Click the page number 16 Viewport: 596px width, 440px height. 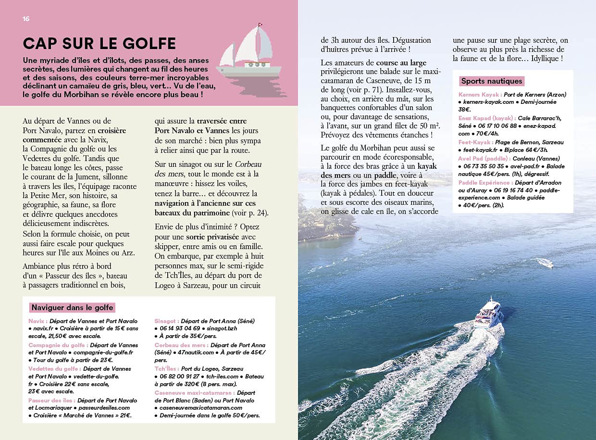pyautogui.click(x=26, y=19)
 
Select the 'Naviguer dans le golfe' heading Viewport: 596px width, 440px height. pyautogui.click(x=72, y=308)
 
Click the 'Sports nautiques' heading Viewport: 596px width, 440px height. pyautogui.click(x=491, y=81)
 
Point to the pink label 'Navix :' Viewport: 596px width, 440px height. pyautogui.click(x=37, y=321)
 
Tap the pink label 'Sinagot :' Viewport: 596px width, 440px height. pyautogui.click(x=167, y=321)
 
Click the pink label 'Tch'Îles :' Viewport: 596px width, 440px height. pyautogui.click(x=166, y=369)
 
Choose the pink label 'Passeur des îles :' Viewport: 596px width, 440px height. pyautogui.click(x=51, y=400)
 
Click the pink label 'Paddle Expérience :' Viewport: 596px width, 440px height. pyautogui.click(x=484, y=183)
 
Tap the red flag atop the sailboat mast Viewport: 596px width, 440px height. pyautogui.click(x=261, y=24)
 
